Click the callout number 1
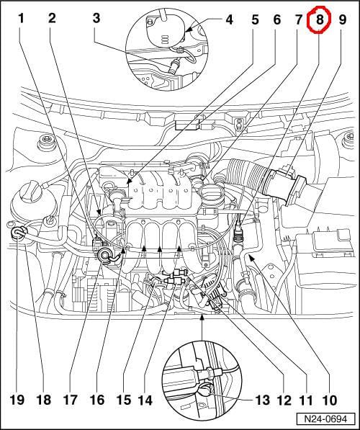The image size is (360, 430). (22, 19)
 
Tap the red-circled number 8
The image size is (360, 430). (320, 19)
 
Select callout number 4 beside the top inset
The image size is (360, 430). (229, 19)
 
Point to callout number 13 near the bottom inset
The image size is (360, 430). (262, 400)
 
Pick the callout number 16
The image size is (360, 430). (97, 400)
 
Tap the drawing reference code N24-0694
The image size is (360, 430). (325, 419)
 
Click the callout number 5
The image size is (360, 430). (255, 19)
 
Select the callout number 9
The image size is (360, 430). (343, 19)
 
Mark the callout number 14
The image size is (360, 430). (145, 400)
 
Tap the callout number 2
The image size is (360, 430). (52, 19)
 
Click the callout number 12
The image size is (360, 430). (284, 400)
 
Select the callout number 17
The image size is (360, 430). (70, 400)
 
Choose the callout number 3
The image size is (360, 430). (96, 19)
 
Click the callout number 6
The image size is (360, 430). (277, 19)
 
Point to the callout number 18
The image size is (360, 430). (43, 400)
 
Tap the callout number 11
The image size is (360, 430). (305, 400)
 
